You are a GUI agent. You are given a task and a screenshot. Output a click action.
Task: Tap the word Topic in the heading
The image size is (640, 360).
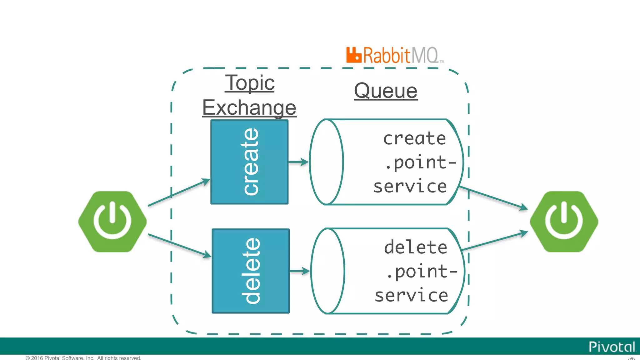(250, 83)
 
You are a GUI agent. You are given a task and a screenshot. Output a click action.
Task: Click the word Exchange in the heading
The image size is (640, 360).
(249, 107)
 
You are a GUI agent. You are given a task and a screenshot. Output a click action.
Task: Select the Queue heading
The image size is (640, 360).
(386, 91)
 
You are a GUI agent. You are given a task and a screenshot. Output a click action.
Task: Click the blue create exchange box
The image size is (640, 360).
(249, 162)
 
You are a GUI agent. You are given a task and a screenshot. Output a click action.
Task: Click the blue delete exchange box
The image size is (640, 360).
(251, 271)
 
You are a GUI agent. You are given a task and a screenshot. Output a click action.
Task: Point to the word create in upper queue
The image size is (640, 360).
(414, 138)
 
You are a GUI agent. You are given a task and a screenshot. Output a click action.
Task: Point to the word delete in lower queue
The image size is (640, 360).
(415, 247)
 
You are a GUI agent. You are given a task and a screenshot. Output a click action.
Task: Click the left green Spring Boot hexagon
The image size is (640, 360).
(112, 222)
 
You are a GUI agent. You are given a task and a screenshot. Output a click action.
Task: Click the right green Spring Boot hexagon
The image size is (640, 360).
(564, 222)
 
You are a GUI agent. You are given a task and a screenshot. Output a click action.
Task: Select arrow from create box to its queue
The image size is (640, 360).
(298, 162)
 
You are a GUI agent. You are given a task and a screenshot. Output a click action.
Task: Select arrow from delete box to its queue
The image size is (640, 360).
(299, 271)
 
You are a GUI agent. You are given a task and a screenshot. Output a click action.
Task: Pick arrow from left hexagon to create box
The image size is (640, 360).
(179, 192)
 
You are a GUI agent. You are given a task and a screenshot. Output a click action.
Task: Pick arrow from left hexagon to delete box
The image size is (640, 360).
(179, 246)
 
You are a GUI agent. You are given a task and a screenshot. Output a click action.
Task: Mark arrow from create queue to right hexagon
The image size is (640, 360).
(494, 197)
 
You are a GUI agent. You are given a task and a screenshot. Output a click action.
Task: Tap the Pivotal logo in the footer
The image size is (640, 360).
(612, 347)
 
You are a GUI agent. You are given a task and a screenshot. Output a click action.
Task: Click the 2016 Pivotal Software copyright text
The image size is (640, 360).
(83, 358)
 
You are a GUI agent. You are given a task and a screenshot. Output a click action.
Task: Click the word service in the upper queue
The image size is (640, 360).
(410, 187)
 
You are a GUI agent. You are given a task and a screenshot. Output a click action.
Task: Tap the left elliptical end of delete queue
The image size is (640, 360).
(328, 271)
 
